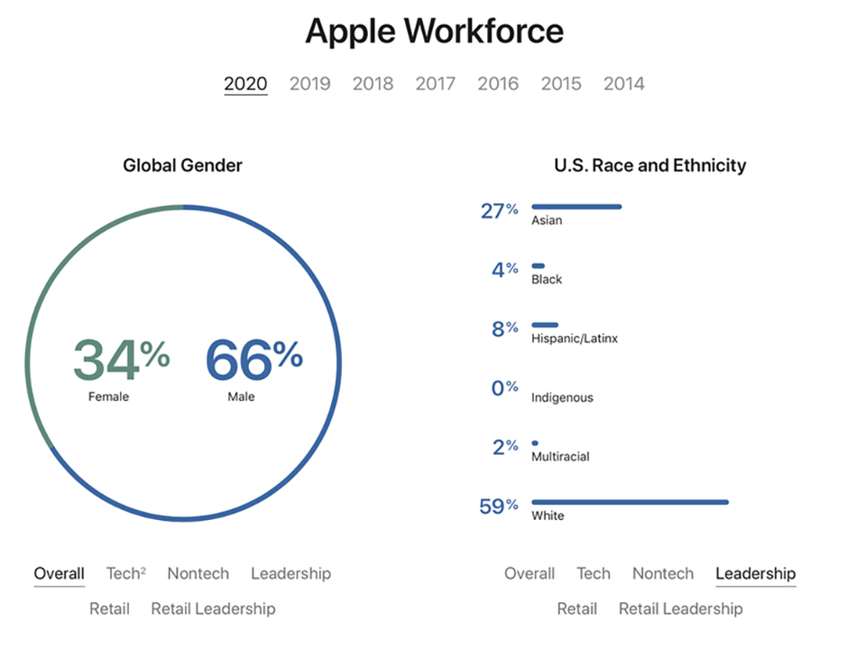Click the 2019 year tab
click(309, 83)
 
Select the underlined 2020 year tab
click(245, 83)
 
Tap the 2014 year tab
click(624, 83)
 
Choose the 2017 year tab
click(435, 83)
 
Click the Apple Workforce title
click(435, 31)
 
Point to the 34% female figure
click(122, 360)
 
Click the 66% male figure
click(254, 360)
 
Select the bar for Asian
click(576, 207)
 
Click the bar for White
click(631, 502)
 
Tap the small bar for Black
click(538, 265)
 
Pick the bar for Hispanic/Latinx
click(545, 325)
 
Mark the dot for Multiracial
click(535, 442)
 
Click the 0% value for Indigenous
click(505, 387)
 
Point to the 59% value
click(499, 506)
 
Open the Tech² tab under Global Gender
click(126, 573)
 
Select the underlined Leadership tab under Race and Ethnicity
click(756, 574)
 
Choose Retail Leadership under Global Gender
click(213, 608)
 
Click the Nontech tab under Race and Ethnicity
click(663, 573)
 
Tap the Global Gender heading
click(182, 165)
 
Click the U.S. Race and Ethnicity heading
click(650, 165)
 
